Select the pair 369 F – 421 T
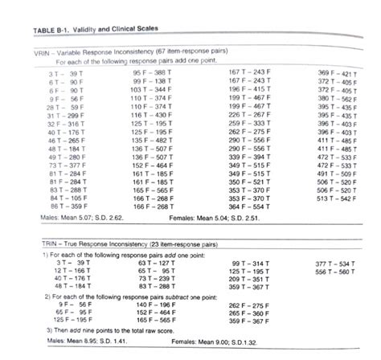point(337,73)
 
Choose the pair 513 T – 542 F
point(337,198)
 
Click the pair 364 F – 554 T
point(246,206)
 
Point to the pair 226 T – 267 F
point(246,115)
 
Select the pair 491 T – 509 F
point(337,173)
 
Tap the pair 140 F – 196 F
point(155,305)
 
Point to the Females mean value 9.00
point(219,341)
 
